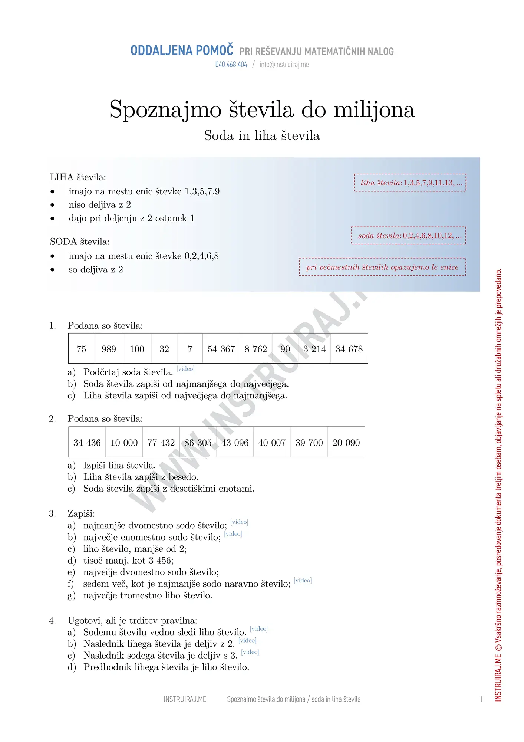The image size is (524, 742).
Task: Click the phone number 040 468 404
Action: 231,65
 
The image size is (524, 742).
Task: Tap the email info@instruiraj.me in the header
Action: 284,65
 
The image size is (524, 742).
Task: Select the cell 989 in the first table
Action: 109,349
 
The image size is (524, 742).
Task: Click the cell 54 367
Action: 221,349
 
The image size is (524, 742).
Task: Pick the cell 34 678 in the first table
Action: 349,349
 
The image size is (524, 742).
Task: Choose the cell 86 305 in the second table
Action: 198,443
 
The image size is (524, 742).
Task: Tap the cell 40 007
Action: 272,443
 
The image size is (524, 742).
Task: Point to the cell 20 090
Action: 346,443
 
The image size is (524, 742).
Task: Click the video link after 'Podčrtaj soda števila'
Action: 185,369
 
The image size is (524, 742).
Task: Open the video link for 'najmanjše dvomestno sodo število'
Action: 239,522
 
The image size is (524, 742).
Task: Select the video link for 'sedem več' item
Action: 303,580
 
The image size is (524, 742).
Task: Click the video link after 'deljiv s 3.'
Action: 250,652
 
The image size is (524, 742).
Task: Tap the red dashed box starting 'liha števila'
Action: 410,183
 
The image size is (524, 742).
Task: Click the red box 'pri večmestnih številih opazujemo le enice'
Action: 382,267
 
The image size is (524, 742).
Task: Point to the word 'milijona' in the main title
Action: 374,110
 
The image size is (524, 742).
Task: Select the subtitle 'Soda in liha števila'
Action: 262,136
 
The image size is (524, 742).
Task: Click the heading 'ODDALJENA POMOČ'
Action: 182,50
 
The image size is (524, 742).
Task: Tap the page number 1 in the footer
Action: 481,699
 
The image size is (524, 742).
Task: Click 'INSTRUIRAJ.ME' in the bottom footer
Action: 185,699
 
